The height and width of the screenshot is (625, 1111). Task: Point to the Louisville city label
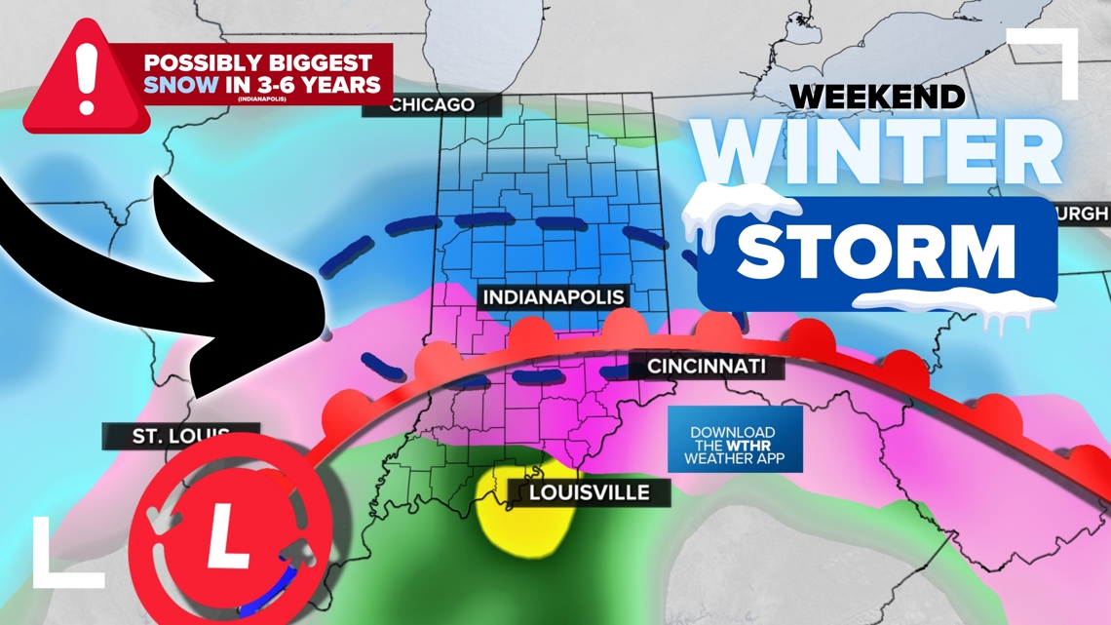click(x=589, y=492)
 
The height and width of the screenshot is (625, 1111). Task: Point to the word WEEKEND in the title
click(x=877, y=97)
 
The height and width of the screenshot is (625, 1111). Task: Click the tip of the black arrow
click(x=327, y=334)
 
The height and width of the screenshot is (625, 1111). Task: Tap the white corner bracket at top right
click(x=1049, y=59)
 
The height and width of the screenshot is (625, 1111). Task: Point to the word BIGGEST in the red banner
click(x=323, y=61)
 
